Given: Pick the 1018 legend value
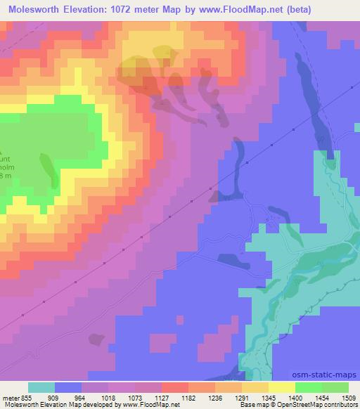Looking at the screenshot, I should [x=108, y=398].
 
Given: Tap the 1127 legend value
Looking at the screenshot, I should [x=162, y=398].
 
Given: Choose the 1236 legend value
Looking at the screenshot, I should [x=215, y=398].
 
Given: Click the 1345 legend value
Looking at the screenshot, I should [x=269, y=398].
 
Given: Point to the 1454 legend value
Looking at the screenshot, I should [x=321, y=398].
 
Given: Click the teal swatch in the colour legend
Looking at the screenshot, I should [x=41, y=388].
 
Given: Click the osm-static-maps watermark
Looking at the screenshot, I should [x=326, y=375].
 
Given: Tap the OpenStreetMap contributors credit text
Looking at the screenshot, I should [x=317, y=405].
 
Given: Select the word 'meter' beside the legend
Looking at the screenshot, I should [x=10, y=398].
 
